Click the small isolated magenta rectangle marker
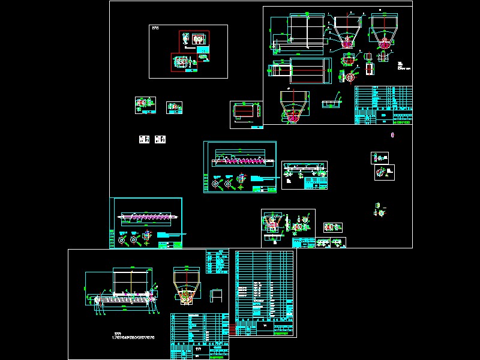tap(392, 134)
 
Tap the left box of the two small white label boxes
tap(145, 139)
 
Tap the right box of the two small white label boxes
tap(160, 139)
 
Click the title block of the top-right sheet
tap(383, 105)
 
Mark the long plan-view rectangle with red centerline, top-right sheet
tap(307, 71)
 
